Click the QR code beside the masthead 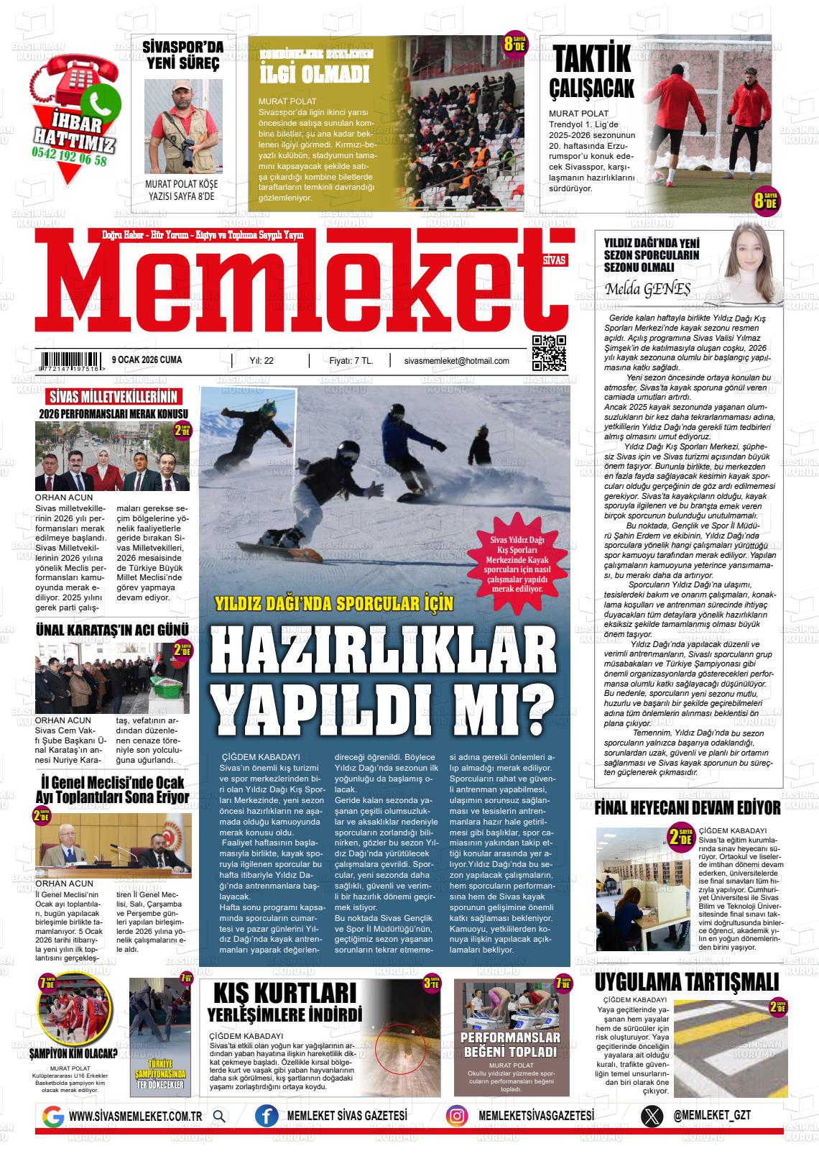click(549, 353)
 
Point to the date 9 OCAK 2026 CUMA click(147, 360)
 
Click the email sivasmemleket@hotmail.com click(457, 361)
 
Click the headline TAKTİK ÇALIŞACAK click(591, 71)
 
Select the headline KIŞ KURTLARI click(284, 994)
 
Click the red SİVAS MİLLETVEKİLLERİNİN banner click(112, 398)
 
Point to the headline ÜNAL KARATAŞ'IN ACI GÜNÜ click(112, 631)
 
